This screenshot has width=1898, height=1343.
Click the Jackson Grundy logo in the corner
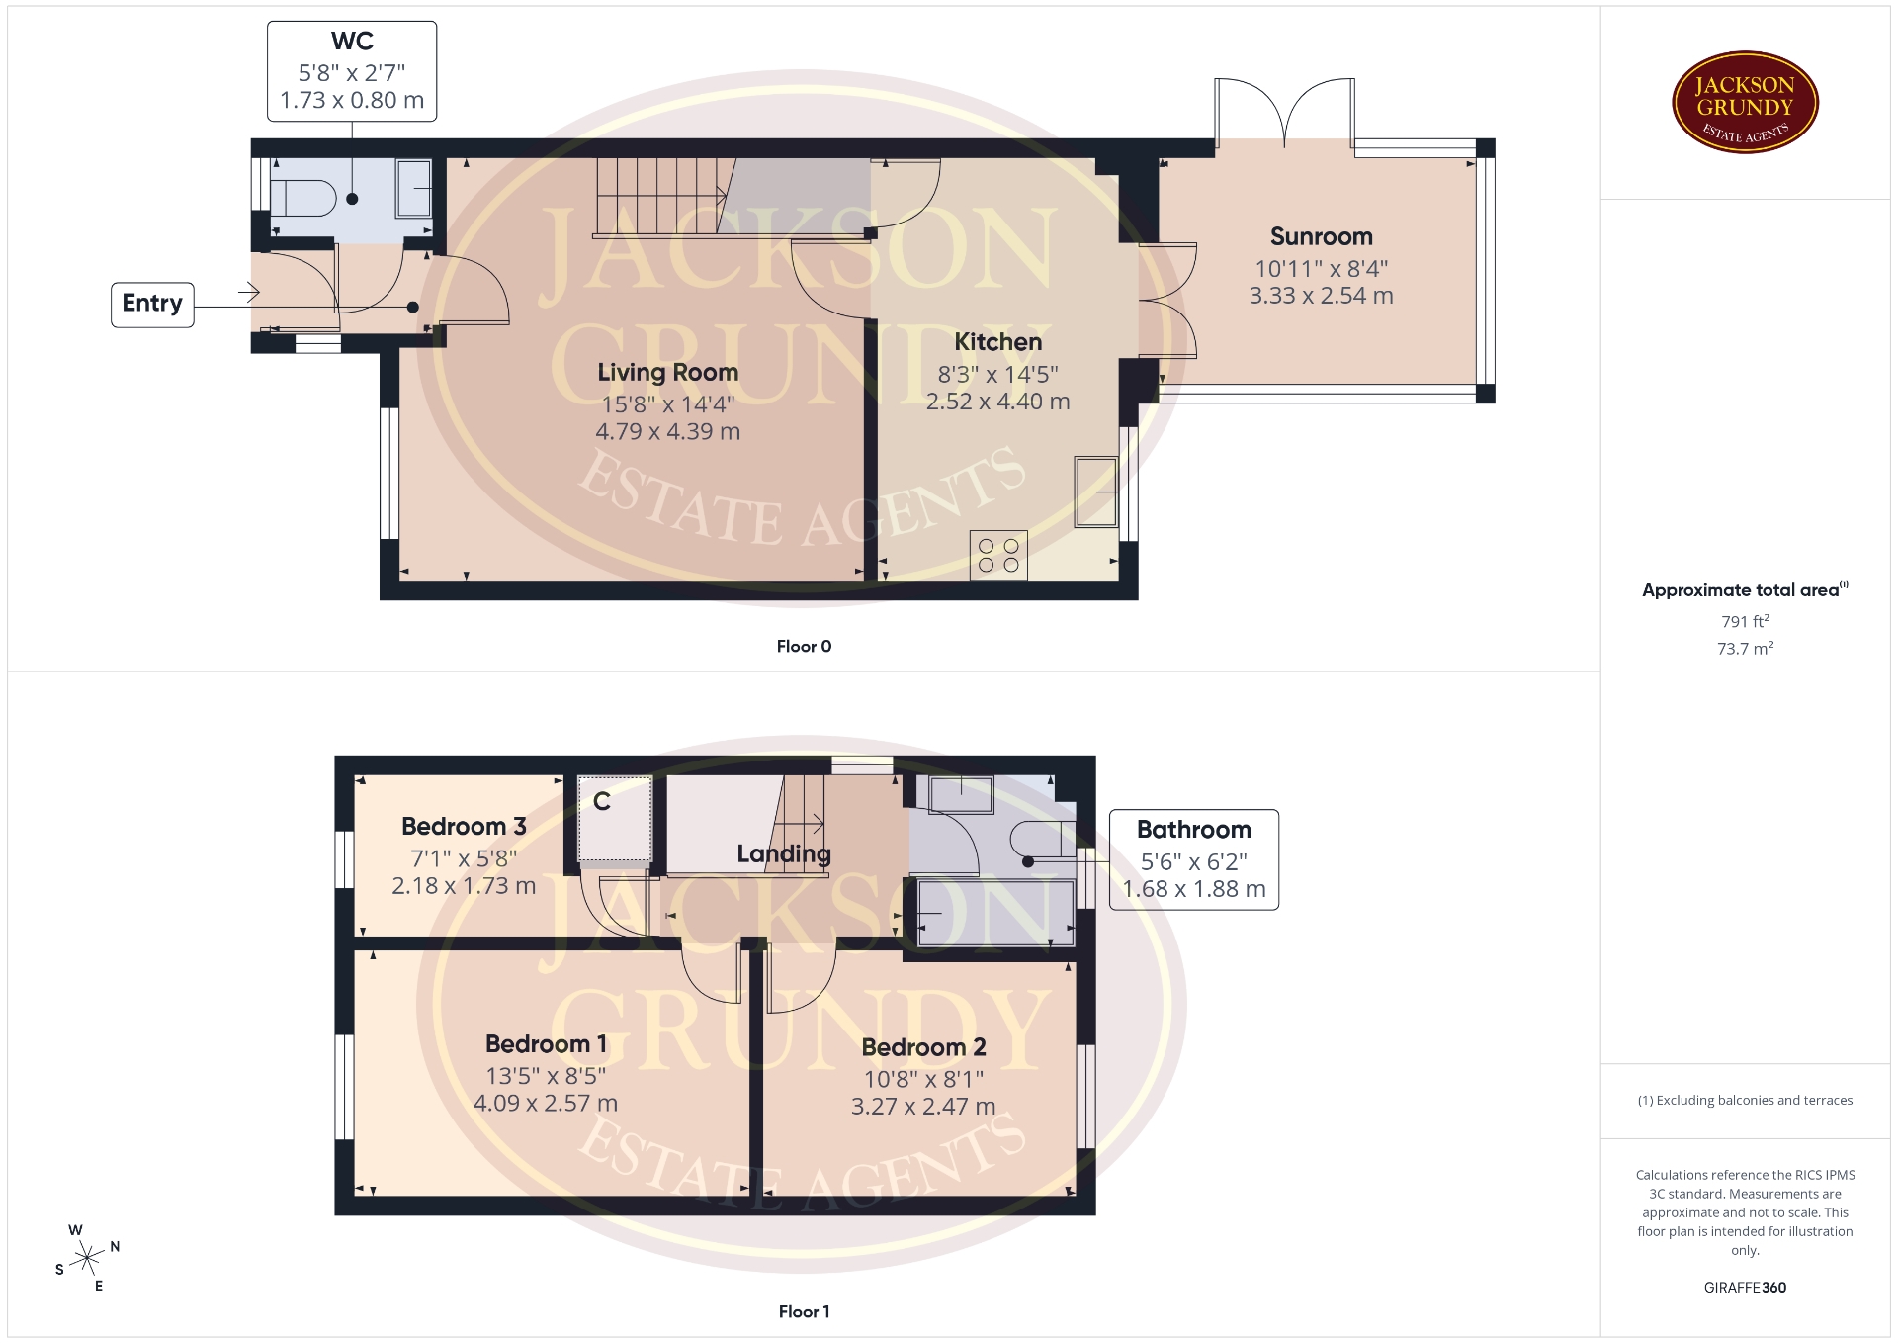click(x=1745, y=103)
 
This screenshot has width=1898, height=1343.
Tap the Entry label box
click(x=152, y=304)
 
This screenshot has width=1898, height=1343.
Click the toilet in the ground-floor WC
click(x=302, y=198)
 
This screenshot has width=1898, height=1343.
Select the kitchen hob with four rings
click(x=998, y=555)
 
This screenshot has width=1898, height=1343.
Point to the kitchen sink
click(x=1096, y=492)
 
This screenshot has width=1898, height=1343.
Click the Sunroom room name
click(x=1321, y=237)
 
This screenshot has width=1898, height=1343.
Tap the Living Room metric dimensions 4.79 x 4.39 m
click(x=667, y=432)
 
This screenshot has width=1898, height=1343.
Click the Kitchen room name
click(x=997, y=342)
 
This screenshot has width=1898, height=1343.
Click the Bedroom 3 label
click(x=464, y=827)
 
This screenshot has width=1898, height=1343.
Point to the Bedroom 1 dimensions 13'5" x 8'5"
click(x=546, y=1076)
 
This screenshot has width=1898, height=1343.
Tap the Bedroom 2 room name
click(x=923, y=1047)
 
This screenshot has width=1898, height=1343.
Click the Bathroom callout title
click(x=1193, y=830)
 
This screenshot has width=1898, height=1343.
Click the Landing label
click(x=784, y=854)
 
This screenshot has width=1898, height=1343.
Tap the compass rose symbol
click(x=88, y=1259)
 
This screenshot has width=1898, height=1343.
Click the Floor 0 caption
click(x=804, y=647)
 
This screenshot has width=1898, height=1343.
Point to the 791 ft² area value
click(x=1745, y=622)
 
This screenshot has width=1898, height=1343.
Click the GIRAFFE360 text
click(x=1745, y=1288)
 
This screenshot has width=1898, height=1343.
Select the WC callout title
click(x=352, y=42)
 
